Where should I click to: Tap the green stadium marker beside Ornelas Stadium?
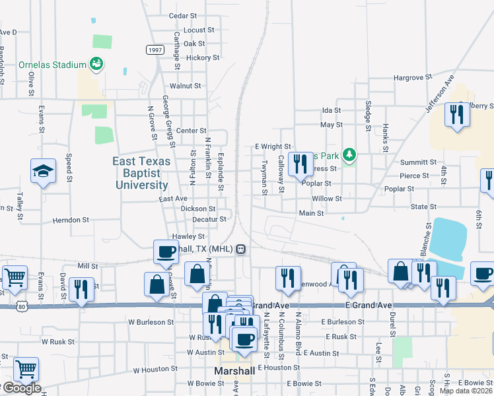click(x=96, y=64)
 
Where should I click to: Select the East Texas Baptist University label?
click(x=141, y=173)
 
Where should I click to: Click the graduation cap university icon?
click(x=44, y=171)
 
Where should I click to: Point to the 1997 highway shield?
click(x=155, y=50)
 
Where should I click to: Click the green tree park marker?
click(x=349, y=155)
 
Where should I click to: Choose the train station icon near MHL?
click(x=242, y=249)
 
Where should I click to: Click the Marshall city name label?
click(x=234, y=371)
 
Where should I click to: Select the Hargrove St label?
click(x=412, y=77)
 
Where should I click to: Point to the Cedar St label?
click(x=183, y=15)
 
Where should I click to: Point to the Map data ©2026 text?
click(x=466, y=391)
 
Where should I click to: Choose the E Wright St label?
click(x=273, y=147)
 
